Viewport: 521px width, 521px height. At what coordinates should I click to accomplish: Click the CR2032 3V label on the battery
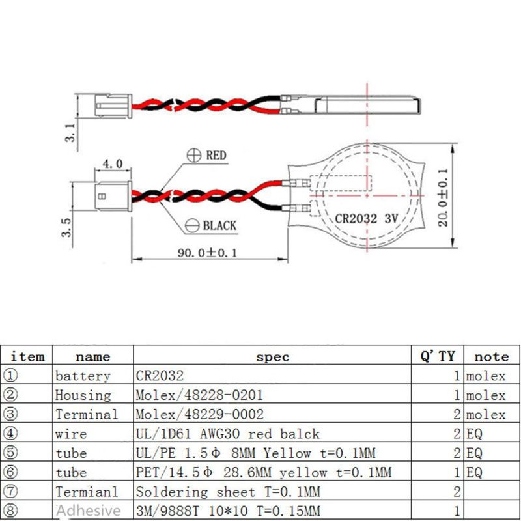366,218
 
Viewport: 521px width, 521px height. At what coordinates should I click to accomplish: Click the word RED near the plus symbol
216,156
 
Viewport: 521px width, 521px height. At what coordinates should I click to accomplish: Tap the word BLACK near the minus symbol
219,226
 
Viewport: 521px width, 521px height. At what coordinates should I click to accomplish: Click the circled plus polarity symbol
193,155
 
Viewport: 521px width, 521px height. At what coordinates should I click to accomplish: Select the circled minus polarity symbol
193,225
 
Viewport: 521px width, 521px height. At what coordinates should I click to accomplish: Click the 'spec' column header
272,356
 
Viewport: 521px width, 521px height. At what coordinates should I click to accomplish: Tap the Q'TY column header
437,356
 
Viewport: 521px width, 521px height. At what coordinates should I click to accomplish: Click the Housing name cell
83,395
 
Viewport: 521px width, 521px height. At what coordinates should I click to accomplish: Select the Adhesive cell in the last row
88,511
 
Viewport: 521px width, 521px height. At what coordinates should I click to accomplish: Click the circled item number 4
10,434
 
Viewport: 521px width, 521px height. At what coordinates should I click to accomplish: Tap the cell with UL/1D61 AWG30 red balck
227,434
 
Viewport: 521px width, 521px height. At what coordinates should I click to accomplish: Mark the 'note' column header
491,356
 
